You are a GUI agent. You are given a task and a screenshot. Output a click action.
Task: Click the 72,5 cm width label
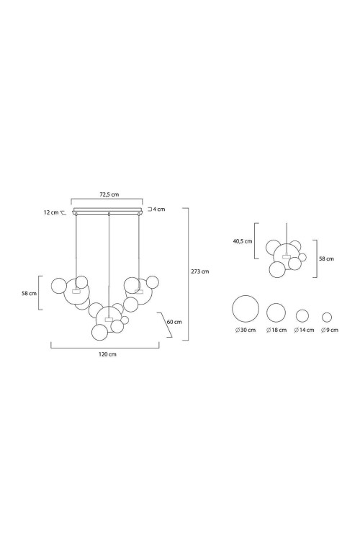(109, 194)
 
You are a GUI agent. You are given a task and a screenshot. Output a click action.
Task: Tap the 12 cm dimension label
(51, 212)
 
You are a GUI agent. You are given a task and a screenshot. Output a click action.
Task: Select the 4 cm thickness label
(159, 209)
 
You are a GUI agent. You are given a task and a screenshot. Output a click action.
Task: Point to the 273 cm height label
(200, 271)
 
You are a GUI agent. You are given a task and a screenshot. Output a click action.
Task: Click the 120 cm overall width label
(107, 354)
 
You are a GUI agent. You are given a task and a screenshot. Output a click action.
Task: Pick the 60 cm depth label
(174, 322)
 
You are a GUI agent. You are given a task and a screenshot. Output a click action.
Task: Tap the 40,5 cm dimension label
(243, 241)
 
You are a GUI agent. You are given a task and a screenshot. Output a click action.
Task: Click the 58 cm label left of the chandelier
(29, 294)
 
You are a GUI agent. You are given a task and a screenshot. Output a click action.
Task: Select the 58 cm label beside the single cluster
(326, 258)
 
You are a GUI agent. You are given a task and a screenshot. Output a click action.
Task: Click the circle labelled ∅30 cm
(246, 295)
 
